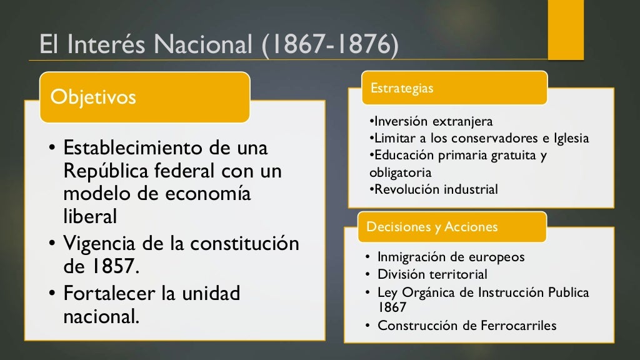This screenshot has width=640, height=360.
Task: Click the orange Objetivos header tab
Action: pyautogui.click(x=144, y=97)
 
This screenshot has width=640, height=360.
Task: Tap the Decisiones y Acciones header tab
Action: pyautogui.click(x=451, y=227)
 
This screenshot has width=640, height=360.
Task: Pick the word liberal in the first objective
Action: pyautogui.click(x=90, y=216)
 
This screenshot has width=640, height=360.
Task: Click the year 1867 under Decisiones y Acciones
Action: pyautogui.click(x=392, y=307)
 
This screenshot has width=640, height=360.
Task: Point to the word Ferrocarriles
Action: pyautogui.click(x=517, y=325)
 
